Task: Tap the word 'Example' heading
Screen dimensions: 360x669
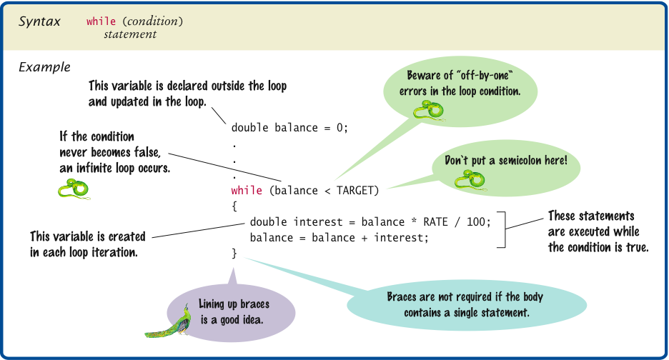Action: tap(44, 68)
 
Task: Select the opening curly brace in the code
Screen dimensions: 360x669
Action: tap(234, 206)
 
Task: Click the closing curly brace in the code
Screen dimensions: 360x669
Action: tap(234, 253)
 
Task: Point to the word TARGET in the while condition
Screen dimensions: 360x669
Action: tap(357, 191)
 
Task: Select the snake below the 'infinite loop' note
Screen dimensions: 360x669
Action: tap(74, 188)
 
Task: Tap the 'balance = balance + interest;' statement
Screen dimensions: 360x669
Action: tap(339, 237)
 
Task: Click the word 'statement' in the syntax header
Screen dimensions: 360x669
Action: tap(130, 34)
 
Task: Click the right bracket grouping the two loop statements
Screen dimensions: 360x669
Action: tap(503, 229)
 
